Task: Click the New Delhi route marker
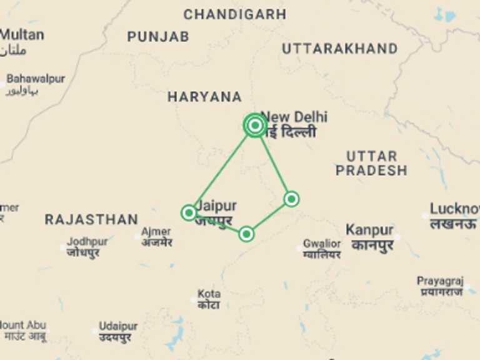point(254,126)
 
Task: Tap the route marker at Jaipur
point(189,212)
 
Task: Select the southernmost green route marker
point(246,234)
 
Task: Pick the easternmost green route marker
point(291,199)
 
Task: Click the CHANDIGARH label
point(234,14)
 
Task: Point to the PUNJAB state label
point(158,37)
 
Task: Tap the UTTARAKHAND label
point(339,49)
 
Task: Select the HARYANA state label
point(204,97)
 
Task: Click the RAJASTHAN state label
point(91,219)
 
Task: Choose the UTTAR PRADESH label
point(371,163)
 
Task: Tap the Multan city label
point(22,35)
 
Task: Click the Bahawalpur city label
point(36,79)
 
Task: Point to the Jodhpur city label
point(87,241)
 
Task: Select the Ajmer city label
point(156,232)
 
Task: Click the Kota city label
point(209,294)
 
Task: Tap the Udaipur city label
point(118,327)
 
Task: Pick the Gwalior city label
point(322,244)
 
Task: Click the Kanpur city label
point(369,230)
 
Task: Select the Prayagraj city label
point(440,281)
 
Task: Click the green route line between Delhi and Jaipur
point(222,169)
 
